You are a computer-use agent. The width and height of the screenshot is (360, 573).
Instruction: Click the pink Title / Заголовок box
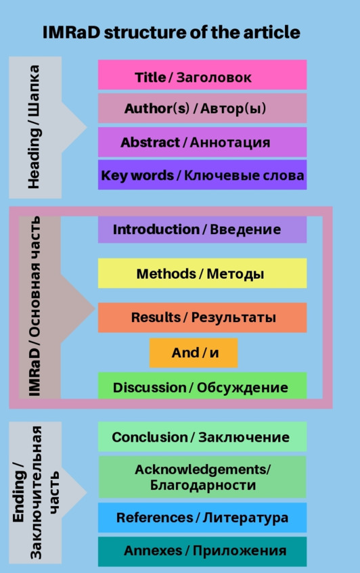(202, 74)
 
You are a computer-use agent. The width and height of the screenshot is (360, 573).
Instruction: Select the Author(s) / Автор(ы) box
(202, 108)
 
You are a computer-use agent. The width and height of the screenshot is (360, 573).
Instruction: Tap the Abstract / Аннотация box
(202, 142)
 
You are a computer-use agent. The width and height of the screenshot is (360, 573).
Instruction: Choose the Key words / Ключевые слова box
(202, 175)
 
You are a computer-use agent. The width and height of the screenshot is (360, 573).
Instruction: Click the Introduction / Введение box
(202, 229)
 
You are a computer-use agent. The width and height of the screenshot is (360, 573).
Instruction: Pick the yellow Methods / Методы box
(202, 273)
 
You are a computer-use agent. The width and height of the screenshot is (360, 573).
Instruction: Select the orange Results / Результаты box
(202, 317)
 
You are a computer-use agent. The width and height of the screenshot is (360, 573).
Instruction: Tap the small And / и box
(194, 352)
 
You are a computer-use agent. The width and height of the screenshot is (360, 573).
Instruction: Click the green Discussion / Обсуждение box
(202, 386)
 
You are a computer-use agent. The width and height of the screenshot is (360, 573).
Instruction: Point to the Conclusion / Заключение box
(202, 437)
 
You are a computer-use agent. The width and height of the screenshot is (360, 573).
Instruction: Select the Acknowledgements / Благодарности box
(202, 477)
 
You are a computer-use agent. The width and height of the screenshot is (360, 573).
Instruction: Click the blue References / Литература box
(202, 518)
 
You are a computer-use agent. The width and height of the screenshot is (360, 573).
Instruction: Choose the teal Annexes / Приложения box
(202, 551)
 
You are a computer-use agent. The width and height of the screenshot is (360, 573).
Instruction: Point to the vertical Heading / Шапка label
(34, 127)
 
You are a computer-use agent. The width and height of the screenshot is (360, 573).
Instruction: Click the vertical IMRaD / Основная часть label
(34, 306)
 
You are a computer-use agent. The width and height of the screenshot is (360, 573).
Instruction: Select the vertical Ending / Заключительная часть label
(35, 492)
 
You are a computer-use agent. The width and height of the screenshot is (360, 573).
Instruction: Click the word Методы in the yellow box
(235, 274)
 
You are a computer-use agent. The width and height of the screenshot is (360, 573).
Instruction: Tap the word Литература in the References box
(246, 518)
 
